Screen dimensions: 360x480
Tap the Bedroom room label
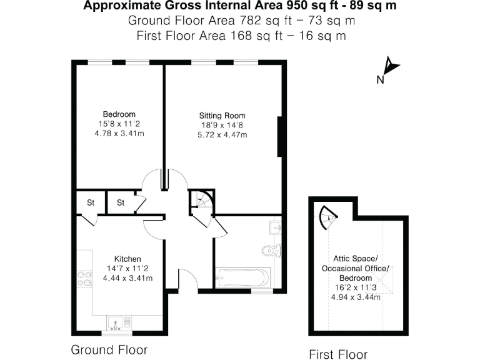click(119, 114)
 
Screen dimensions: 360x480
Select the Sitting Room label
click(222, 116)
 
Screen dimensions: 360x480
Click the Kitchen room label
click(127, 259)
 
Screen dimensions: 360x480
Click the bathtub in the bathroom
click(242, 276)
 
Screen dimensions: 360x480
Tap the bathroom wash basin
click(275, 226)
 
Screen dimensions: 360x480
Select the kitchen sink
click(118, 322)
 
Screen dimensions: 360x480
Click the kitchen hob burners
click(84, 279)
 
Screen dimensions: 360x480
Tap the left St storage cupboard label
click(90, 202)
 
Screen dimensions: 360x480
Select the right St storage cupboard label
click(121, 202)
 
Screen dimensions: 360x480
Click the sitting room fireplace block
click(281, 136)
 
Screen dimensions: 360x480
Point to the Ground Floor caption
click(109, 349)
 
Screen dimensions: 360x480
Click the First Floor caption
click(338, 354)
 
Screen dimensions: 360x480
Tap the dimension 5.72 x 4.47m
click(222, 134)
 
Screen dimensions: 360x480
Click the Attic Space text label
click(356, 259)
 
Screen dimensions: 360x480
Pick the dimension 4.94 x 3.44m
click(356, 297)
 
